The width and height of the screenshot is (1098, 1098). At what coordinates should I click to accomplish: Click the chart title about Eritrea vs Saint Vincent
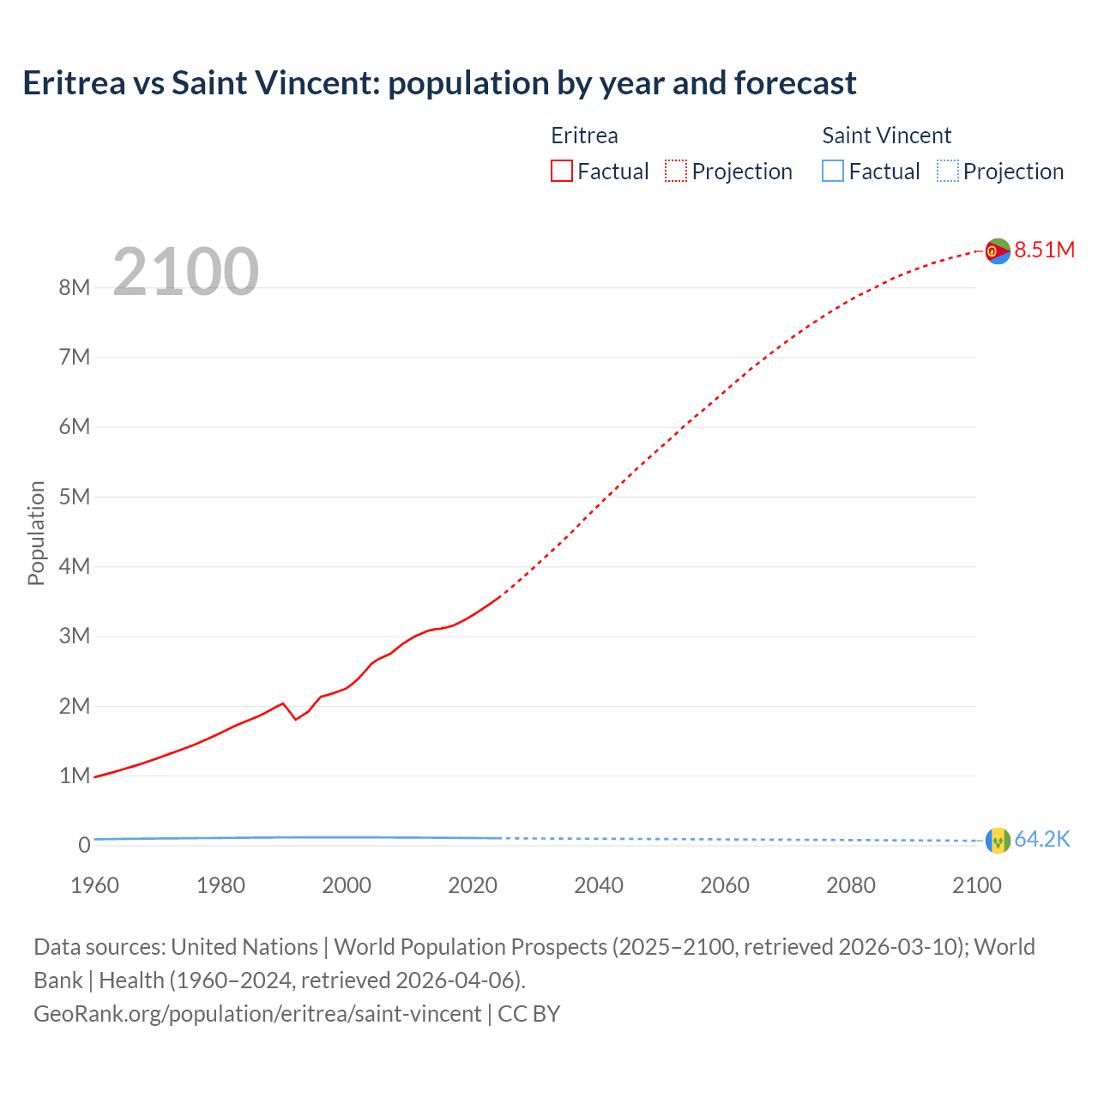[439, 83]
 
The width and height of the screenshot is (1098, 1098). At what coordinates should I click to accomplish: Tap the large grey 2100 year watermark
[185, 272]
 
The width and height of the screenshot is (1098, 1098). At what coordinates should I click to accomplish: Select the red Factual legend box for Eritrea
[562, 171]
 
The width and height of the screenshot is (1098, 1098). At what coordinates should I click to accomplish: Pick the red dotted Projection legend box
[676, 171]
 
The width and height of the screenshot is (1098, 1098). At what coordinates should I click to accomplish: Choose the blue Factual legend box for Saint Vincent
[833, 171]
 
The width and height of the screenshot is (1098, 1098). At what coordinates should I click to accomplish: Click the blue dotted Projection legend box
[947, 171]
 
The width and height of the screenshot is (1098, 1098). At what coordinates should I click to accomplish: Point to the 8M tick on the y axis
[75, 287]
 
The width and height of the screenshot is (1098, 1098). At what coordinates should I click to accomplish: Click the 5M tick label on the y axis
[75, 497]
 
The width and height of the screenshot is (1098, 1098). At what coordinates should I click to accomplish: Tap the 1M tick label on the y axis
[75, 775]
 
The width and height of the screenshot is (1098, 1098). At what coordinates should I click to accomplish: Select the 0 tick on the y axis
[84, 845]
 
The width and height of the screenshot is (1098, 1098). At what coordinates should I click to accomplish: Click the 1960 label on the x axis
[94, 885]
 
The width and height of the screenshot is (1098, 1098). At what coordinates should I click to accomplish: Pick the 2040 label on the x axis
[599, 885]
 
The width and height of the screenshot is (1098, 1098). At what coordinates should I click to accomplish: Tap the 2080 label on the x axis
[851, 885]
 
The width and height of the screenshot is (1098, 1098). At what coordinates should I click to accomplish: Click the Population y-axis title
[36, 533]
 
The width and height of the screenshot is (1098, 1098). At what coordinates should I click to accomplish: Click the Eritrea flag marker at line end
[998, 250]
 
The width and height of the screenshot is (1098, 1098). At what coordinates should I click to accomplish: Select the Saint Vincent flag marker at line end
[998, 840]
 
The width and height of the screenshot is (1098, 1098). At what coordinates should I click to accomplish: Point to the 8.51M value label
[1045, 250]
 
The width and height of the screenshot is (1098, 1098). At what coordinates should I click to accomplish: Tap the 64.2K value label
[1042, 839]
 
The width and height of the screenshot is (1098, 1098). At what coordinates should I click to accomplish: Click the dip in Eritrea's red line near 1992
[296, 719]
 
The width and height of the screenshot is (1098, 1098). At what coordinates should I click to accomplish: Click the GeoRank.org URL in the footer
[257, 1014]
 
